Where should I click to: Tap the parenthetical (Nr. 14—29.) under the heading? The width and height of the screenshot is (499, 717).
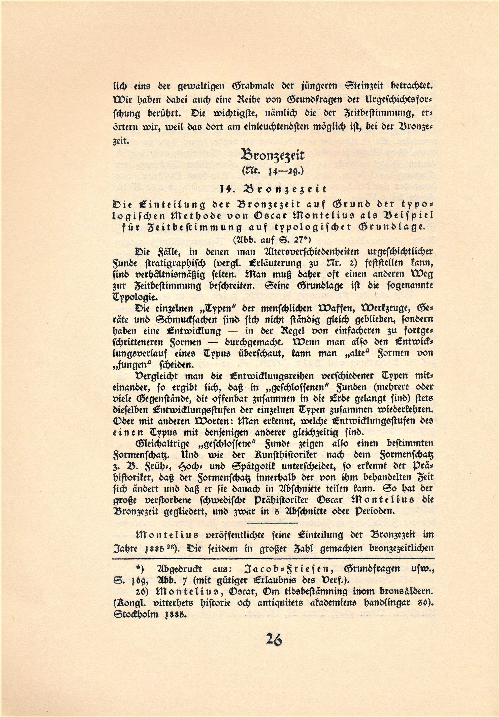pos(272,171)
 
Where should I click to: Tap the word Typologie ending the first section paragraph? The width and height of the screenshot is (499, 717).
pos(131,297)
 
